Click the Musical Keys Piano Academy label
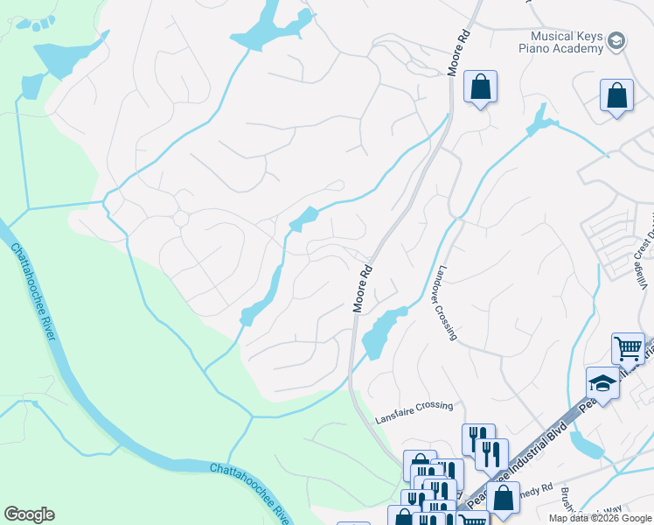(567, 41)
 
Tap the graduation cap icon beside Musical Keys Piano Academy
(616, 40)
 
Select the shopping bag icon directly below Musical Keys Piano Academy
(616, 95)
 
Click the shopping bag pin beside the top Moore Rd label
(480, 87)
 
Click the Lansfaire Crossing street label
(414, 405)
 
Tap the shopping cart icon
(627, 348)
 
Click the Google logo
(29, 514)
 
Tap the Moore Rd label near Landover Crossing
(363, 290)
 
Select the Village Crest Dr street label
(643, 262)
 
